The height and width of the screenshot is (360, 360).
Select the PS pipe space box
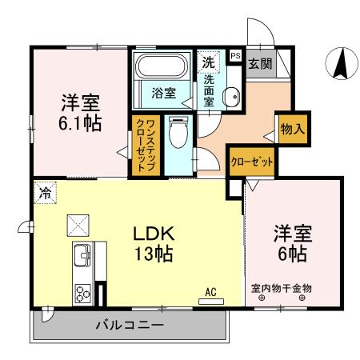pyautogui.click(x=234, y=57)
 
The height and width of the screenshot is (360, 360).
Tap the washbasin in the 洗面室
pyautogui.click(x=230, y=97)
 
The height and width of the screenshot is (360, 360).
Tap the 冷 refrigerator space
pyautogui.click(x=46, y=192)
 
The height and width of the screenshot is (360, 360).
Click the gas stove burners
pyautogui.click(x=82, y=292)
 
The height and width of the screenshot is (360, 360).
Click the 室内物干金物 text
pyautogui.click(x=281, y=289)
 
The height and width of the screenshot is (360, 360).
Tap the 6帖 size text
pyautogui.click(x=292, y=254)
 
